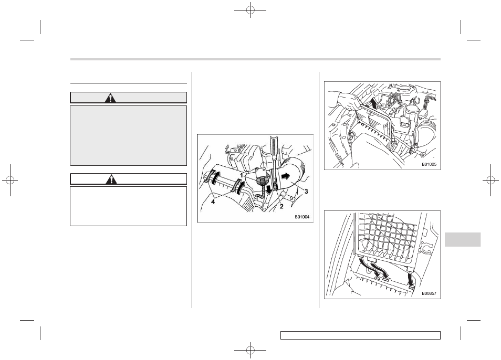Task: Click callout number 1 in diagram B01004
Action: [x=243, y=175]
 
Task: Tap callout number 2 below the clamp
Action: [x=281, y=206]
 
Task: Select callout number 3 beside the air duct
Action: [x=306, y=192]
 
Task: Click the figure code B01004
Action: [x=302, y=217]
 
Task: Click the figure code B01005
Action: [x=429, y=165]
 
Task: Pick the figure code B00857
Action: [x=429, y=294]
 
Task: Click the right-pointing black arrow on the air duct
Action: [x=286, y=175]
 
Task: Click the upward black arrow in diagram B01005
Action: [x=373, y=104]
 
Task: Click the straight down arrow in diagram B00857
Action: [x=410, y=278]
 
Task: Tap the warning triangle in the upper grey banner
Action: [x=110, y=98]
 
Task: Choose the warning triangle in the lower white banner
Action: [x=111, y=179]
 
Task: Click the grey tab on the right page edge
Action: [x=462, y=239]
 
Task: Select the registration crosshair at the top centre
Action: [x=250, y=10]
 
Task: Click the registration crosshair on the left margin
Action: [x=10, y=181]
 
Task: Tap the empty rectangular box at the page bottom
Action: [x=360, y=335]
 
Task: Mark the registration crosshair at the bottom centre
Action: [x=250, y=350]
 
